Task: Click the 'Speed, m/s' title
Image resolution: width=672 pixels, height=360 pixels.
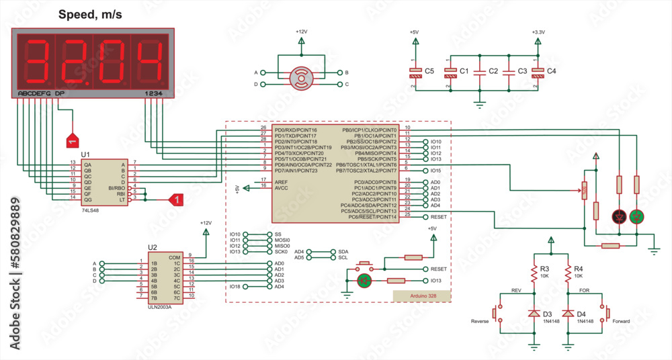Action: pos(89,14)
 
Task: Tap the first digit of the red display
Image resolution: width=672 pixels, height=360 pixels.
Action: pos(33,60)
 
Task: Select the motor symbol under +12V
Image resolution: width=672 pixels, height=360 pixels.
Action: pos(300,78)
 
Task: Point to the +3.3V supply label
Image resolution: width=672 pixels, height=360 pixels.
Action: pos(538,32)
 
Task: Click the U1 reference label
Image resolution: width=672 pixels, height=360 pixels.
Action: pos(85,154)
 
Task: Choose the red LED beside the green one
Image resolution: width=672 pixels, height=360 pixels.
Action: pos(619,216)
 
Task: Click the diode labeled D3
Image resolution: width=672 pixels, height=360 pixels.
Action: pos(534,314)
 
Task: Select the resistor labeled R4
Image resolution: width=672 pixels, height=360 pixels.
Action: pos(569,273)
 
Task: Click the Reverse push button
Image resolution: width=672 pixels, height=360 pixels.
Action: pos(497,313)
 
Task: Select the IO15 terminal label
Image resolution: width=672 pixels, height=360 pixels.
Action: pos(436,171)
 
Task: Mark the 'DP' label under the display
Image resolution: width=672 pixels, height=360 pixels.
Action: pos(60,93)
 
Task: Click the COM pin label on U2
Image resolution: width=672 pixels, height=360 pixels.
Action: pos(174,257)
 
